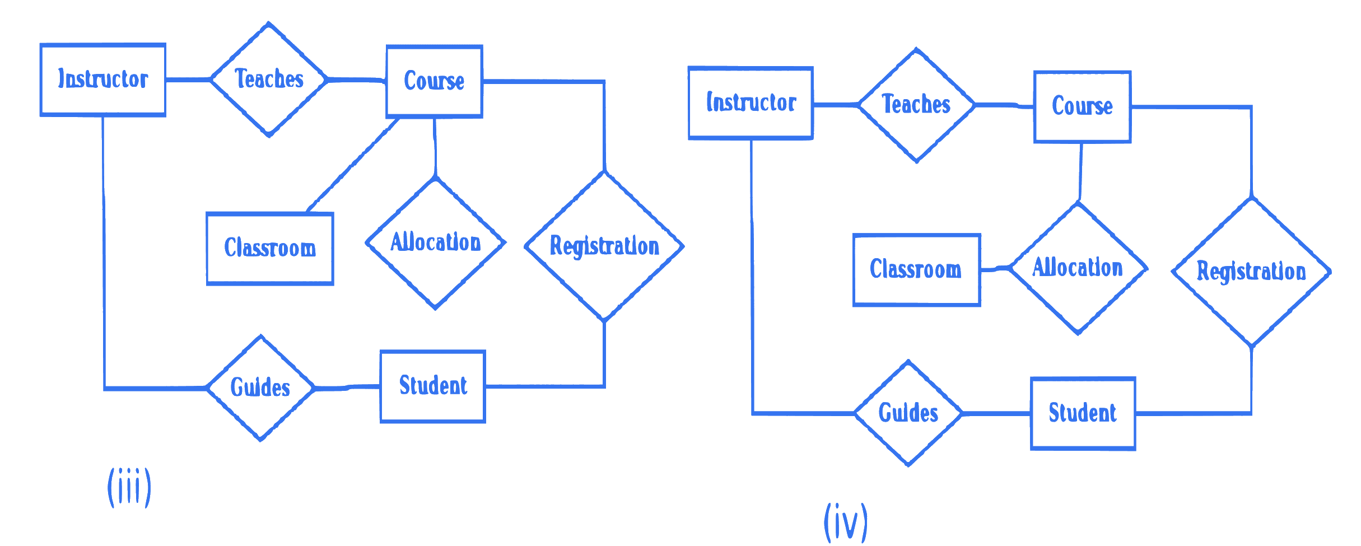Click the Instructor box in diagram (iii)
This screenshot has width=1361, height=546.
(x=103, y=80)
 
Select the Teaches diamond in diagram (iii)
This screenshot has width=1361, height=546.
(x=269, y=80)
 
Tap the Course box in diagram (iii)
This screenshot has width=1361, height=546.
(x=434, y=82)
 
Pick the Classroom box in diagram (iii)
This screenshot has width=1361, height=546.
(x=270, y=249)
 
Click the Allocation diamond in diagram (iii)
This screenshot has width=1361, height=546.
(x=436, y=243)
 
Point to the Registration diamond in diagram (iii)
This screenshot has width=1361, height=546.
(x=604, y=246)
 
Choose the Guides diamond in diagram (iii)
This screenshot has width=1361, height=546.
(x=260, y=388)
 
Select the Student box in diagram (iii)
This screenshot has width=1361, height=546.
(x=433, y=386)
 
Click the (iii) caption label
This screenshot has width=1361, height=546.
(x=129, y=487)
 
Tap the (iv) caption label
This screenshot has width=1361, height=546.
(x=846, y=522)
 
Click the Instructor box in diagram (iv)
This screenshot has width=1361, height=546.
(x=751, y=103)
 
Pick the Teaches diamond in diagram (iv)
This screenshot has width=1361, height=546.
(x=916, y=105)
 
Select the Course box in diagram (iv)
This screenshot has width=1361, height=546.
(x=1082, y=106)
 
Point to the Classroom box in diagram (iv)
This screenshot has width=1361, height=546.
(x=916, y=270)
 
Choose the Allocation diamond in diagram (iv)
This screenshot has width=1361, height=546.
(x=1078, y=268)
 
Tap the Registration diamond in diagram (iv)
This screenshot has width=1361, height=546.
(x=1251, y=272)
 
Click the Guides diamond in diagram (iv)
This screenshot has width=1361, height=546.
(x=908, y=413)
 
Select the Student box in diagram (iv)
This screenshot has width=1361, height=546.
(x=1083, y=413)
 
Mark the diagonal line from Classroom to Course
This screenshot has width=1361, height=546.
(x=353, y=165)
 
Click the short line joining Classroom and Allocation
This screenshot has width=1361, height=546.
(x=995, y=269)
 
